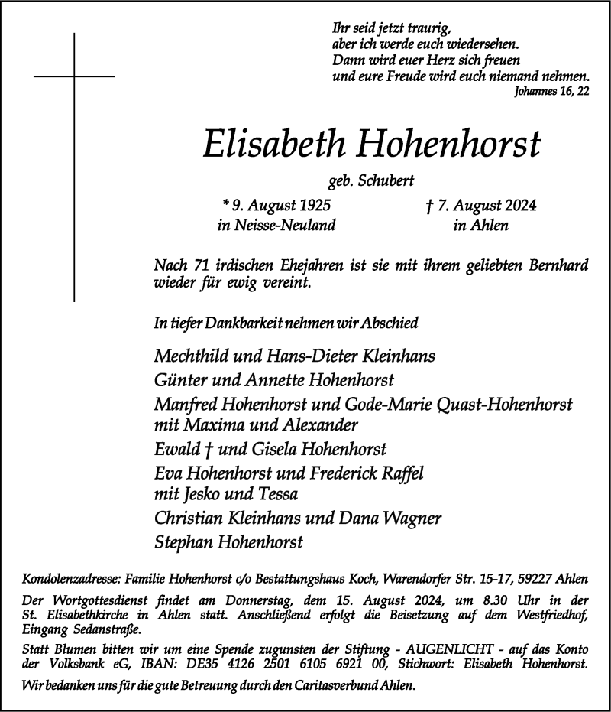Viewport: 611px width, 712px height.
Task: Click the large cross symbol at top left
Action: click(74, 76)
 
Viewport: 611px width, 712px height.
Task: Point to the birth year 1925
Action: click(314, 205)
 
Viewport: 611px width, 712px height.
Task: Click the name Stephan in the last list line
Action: click(183, 542)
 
